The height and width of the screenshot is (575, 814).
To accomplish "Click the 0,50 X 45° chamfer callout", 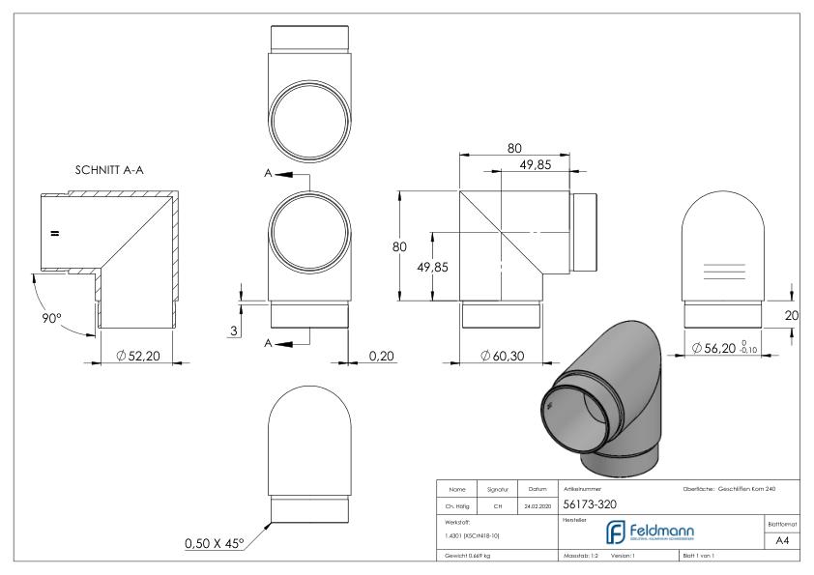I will pyautogui.click(x=212, y=543).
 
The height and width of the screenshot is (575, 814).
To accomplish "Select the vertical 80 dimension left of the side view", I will pyautogui.click(x=398, y=246).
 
